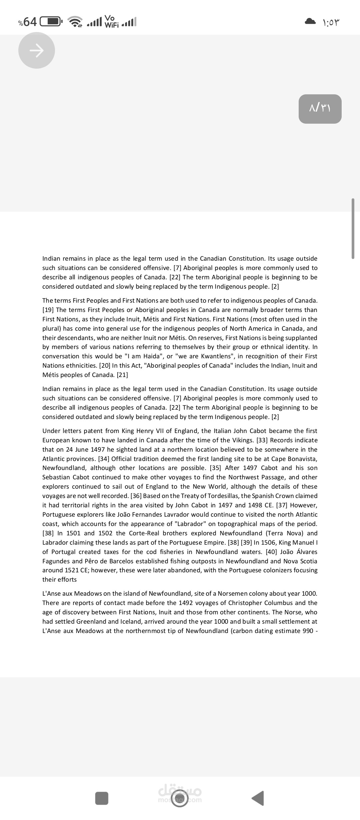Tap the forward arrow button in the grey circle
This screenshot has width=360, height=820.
pos(37,50)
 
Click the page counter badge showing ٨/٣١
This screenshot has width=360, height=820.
pos(320,109)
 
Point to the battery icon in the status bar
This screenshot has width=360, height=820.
pos(51,22)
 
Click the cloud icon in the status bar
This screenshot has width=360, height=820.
pos(310,22)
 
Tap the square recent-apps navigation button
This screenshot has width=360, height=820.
pos(102,798)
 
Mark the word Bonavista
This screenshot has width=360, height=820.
pos(302,459)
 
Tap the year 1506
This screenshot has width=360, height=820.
pos(269,542)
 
